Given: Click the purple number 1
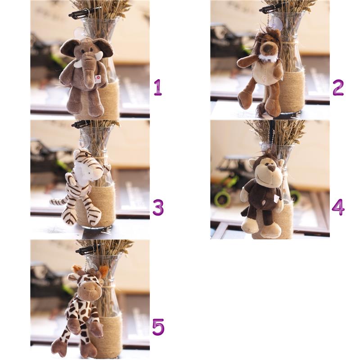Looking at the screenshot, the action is tap(158, 87).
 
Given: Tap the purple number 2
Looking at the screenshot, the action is tap(338, 87).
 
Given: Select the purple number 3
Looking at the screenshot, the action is tap(158, 207).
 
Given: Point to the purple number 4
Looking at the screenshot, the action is tap(338, 207).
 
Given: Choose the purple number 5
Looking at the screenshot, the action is tap(158, 327).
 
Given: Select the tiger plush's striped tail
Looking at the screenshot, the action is tap(59, 201).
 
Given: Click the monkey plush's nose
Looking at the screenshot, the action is tap(272, 169).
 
